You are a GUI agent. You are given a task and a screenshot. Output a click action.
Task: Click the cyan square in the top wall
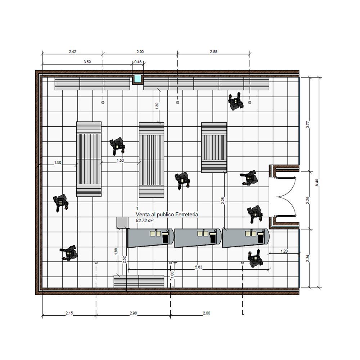tap(138, 78)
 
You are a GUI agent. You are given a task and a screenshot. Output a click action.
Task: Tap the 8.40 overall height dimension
tap(317, 182)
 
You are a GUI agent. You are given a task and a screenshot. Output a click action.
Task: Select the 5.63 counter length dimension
tap(199, 267)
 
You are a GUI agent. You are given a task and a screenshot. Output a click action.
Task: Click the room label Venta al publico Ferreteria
tap(167, 215)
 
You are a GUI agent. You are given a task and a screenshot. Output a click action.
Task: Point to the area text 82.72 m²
tap(145, 220)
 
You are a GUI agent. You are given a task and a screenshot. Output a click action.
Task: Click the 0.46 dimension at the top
tap(138, 62)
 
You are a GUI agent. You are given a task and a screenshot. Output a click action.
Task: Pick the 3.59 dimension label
tap(87, 62)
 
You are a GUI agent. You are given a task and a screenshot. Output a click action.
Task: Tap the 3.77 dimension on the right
tap(308, 124)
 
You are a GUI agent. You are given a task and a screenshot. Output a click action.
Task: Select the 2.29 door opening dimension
tap(308, 200)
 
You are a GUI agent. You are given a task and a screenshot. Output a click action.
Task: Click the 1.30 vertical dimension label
tap(157, 106)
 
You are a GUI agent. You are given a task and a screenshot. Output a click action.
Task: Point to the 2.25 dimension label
tap(223, 201)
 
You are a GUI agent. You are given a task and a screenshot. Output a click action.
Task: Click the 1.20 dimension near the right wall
tap(284, 251)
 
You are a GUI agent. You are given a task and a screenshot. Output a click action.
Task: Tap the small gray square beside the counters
tap(122, 223)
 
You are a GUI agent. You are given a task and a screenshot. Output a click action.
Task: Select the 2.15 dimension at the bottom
tap(69, 313)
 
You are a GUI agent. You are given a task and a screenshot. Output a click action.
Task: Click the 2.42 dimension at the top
tap(73, 51)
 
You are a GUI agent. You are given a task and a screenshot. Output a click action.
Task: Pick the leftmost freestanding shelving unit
tap(89, 159)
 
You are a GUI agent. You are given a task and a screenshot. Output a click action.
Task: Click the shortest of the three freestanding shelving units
tap(214, 147)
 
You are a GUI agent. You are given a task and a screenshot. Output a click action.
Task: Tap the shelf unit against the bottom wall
tap(139, 281)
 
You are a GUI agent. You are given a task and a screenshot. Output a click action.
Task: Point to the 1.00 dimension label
tap(172, 275)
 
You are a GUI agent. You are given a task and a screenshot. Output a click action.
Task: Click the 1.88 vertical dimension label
tap(116, 251)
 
